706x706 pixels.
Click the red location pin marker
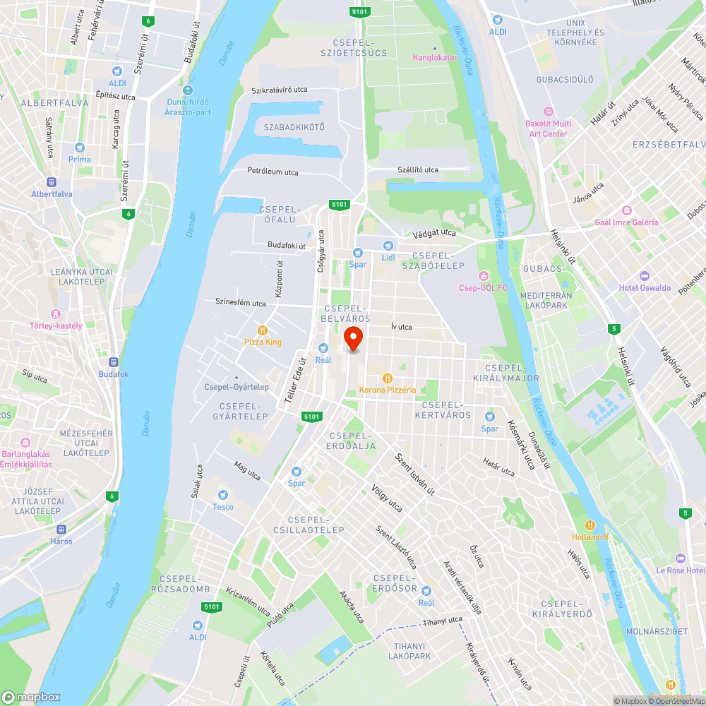(x=352, y=339)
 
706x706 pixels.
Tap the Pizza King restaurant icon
(x=263, y=330)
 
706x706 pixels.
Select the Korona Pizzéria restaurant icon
(x=387, y=378)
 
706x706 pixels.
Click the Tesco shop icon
(x=223, y=495)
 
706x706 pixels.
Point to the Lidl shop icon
(x=388, y=245)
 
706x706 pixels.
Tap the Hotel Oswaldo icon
(x=644, y=276)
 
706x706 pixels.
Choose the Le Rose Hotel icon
(x=680, y=558)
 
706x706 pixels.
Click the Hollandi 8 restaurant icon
(x=590, y=525)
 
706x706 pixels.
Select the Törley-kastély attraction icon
(x=56, y=313)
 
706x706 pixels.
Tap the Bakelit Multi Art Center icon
(x=547, y=112)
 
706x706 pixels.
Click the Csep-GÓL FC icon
(x=484, y=275)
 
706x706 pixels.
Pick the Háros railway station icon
(x=61, y=529)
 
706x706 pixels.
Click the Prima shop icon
(x=80, y=148)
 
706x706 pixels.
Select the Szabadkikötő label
(x=294, y=127)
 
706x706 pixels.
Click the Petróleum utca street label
(x=273, y=172)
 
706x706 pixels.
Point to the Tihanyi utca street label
(x=443, y=622)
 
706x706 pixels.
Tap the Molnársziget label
(x=657, y=632)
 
